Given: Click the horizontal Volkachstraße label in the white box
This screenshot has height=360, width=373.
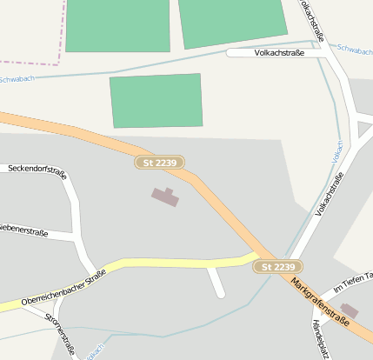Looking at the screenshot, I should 279,52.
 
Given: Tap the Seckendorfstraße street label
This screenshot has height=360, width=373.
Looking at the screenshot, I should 37,168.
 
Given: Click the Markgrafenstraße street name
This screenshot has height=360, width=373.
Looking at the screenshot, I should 320,303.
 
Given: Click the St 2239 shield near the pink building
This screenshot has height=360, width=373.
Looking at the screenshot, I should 160,163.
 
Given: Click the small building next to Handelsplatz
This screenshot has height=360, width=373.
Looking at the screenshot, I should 349,310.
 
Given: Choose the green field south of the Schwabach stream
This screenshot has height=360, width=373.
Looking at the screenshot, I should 157,100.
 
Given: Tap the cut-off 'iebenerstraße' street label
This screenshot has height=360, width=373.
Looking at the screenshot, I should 23,231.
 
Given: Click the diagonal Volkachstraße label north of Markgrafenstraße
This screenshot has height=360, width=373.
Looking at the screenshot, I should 329,194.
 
